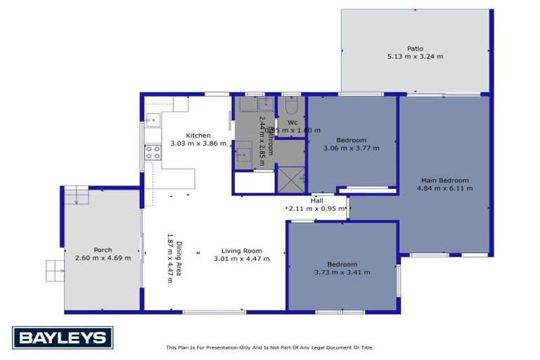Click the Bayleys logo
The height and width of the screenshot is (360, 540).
[63, 338]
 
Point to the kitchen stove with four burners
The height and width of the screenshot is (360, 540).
[153, 153]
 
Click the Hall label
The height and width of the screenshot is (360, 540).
[316, 200]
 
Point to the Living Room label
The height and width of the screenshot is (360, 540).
[241, 250]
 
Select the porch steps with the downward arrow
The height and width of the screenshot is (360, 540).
[75, 195]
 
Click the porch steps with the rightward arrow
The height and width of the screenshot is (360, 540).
[56, 269]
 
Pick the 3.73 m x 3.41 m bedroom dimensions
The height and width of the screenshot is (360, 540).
[342, 272]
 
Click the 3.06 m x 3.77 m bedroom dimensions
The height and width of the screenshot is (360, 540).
[351, 148]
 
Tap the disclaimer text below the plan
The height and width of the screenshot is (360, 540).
[269, 347]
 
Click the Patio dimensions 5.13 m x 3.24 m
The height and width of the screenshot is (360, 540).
[415, 56]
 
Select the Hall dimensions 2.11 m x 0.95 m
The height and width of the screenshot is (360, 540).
[317, 208]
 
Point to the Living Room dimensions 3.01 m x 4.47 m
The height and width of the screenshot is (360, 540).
[241, 259]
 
